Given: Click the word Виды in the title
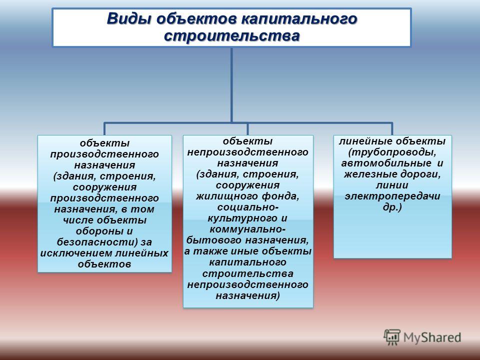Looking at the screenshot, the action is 129,18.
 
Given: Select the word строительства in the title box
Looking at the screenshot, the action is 231,36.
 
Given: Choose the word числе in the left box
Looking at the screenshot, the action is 78,220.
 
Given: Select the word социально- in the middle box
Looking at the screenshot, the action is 248,207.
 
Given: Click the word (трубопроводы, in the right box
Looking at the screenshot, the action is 392,152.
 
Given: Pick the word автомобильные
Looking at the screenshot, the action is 386,163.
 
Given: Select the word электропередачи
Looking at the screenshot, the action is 392,196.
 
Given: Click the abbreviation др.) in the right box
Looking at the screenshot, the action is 392,207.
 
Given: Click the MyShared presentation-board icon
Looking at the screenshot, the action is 392,337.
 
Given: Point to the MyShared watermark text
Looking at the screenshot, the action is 432,337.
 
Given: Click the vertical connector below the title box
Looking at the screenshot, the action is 231,85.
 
